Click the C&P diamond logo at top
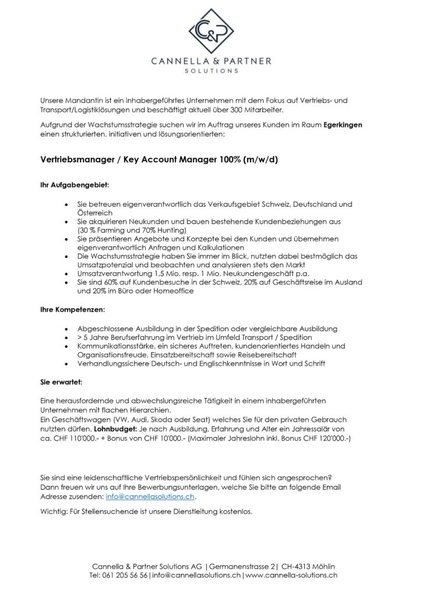(x=210, y=31)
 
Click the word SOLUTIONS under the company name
(x=210, y=71)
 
